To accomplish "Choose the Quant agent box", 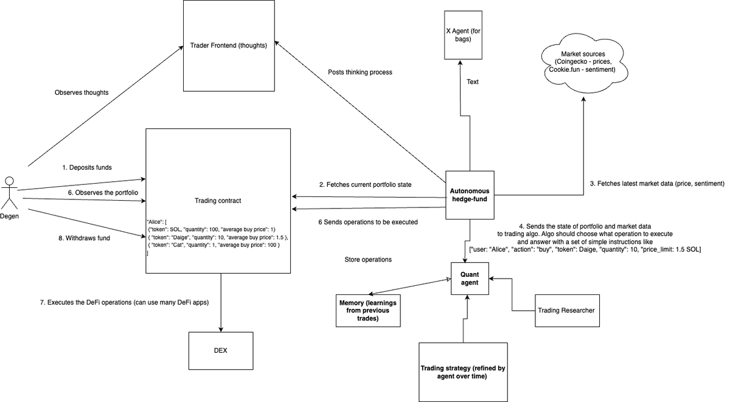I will click(470, 278).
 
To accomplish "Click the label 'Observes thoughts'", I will click(82, 92).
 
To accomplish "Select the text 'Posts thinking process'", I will click(360, 72).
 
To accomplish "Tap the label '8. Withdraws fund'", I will click(84, 238).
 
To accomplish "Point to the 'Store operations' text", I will click(367, 260).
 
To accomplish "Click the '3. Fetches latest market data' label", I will click(657, 183).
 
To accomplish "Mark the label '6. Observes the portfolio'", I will click(94, 192).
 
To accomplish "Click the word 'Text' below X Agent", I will click(473, 81).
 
